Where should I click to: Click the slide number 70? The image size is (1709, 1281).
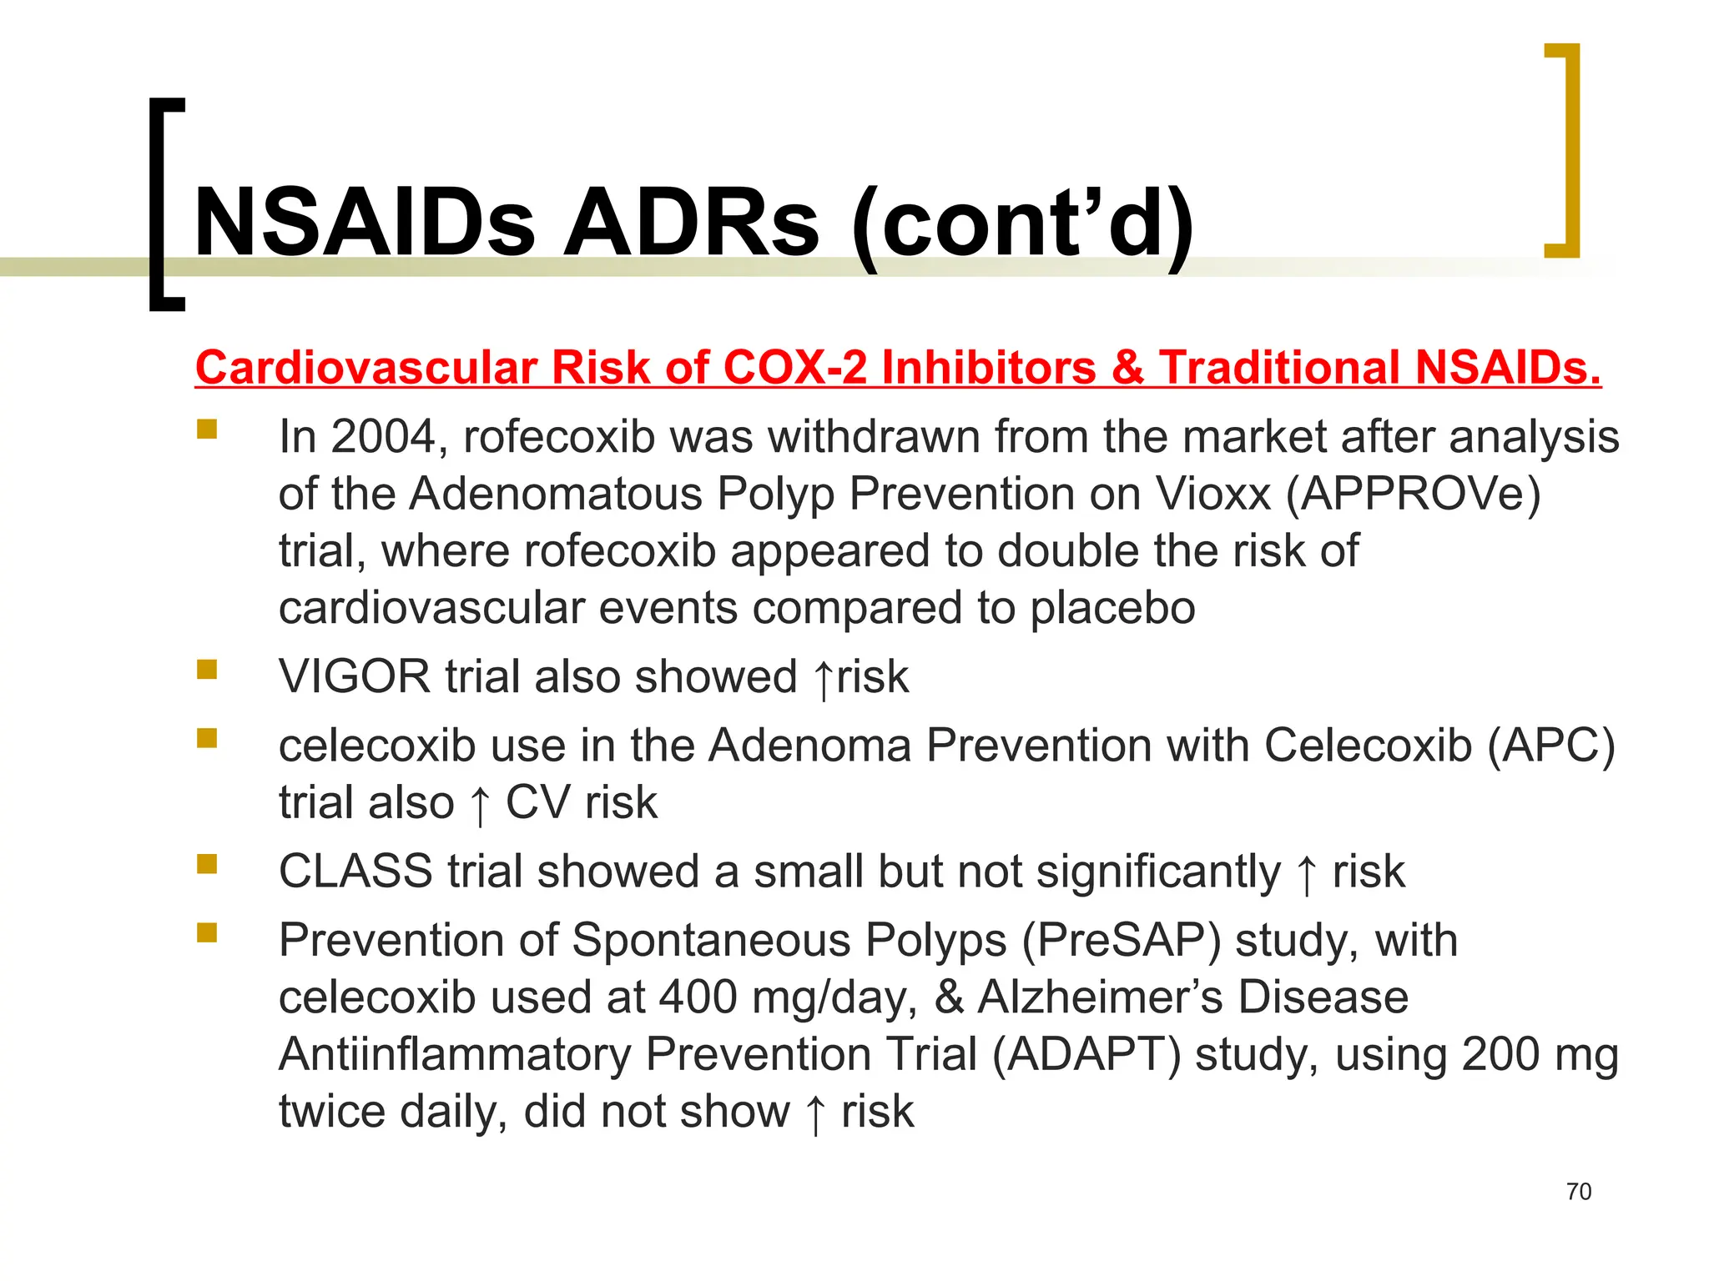pos(1579,1191)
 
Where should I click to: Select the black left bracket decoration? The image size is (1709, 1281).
pos(165,204)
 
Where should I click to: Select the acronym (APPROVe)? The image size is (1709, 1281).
pos(1413,494)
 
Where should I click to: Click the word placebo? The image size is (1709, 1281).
pos(1112,608)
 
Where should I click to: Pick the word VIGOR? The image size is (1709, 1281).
pos(355,676)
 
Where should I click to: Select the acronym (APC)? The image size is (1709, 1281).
pos(1550,745)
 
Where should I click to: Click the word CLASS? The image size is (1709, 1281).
pos(355,872)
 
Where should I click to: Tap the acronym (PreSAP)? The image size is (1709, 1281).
pos(1122,941)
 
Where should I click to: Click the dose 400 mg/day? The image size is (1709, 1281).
pos(788,997)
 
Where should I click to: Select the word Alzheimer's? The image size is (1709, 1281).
pos(1100,997)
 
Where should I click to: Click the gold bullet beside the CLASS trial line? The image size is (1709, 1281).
pos(207,863)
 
